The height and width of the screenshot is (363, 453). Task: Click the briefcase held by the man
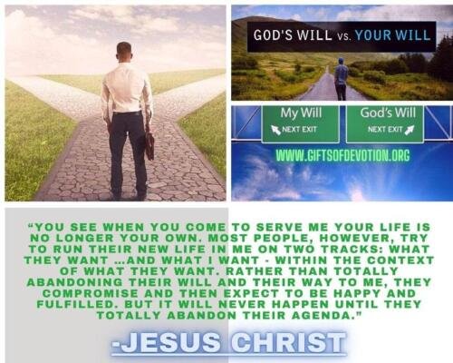[x=149, y=145]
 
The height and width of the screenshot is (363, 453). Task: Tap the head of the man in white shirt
[x=124, y=52]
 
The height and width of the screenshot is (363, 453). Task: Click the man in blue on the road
[x=342, y=79]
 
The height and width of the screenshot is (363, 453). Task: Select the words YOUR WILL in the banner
[x=392, y=35]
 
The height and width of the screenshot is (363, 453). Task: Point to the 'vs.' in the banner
[x=343, y=36]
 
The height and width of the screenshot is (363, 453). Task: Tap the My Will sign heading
[x=301, y=113]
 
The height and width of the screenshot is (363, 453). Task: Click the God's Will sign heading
[x=388, y=113]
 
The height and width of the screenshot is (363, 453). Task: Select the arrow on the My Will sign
[x=276, y=130]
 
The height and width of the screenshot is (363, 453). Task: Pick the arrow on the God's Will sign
[x=410, y=130]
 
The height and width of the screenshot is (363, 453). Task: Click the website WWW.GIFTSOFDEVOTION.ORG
[x=343, y=155]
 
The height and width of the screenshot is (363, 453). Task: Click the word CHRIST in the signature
[x=288, y=343]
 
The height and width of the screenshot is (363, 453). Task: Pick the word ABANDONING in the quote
[x=75, y=282]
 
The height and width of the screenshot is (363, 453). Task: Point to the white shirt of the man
[x=126, y=88]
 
